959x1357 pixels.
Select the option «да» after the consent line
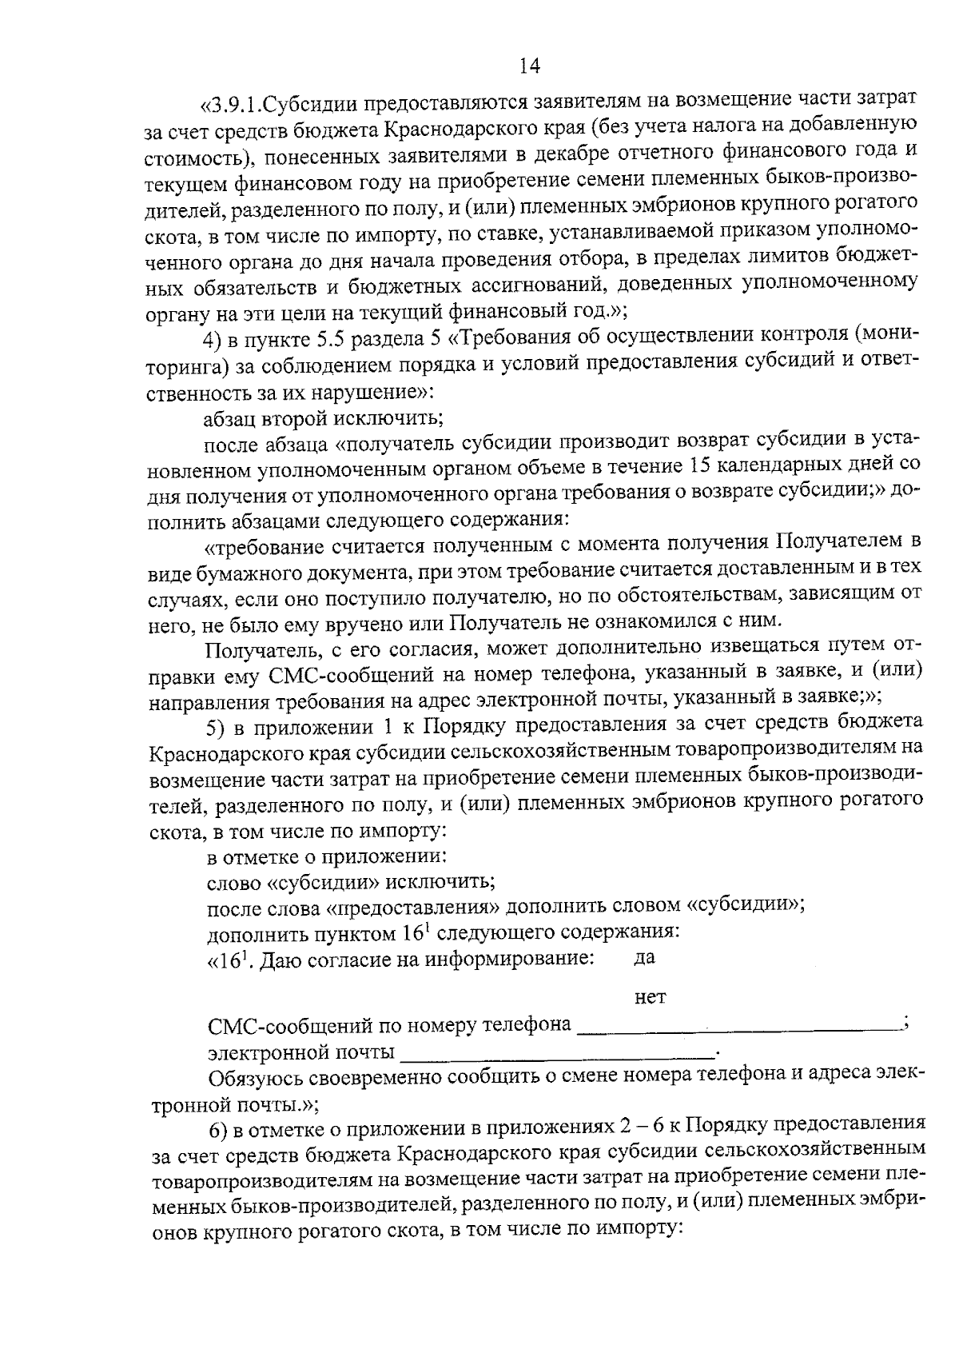[645, 958]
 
